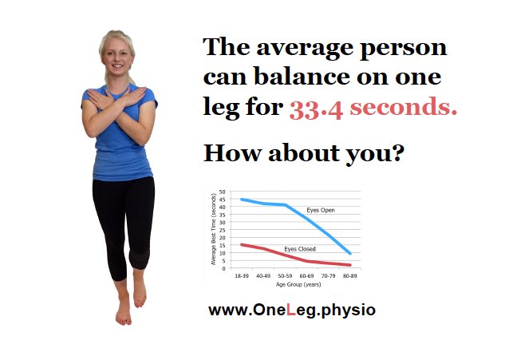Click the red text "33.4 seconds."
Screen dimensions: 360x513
pyautogui.click(x=373, y=109)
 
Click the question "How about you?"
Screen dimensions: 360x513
pyautogui.click(x=304, y=152)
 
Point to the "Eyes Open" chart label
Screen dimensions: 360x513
pyautogui.click(x=321, y=210)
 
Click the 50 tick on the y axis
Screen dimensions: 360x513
pyautogui.click(x=224, y=192)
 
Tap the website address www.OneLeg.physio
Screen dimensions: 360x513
pyautogui.click(x=291, y=311)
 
